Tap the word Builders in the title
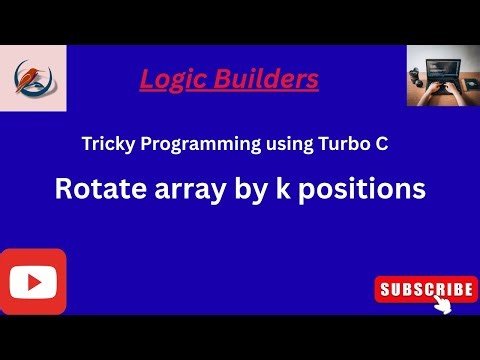(274, 78)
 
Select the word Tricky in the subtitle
(107, 144)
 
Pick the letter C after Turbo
(381, 144)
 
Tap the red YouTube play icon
(33, 281)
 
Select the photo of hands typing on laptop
(439, 75)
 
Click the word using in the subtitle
(281, 145)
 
